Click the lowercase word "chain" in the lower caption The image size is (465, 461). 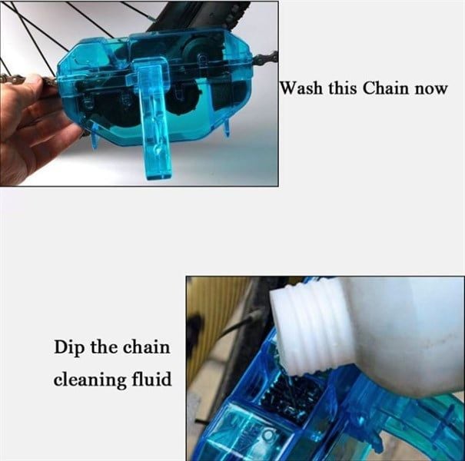(147, 347)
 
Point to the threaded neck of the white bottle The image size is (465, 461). (311, 327)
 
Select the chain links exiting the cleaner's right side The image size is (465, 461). (265, 57)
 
